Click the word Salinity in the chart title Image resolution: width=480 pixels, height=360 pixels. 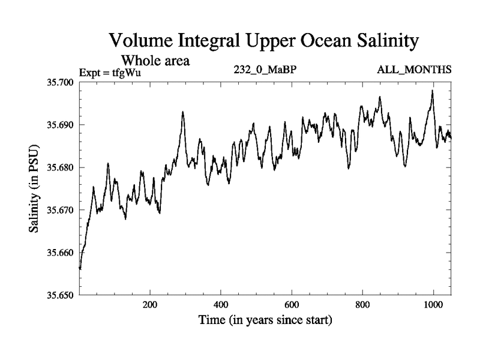coord(380,41)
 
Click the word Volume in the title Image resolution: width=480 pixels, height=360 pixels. coord(142,41)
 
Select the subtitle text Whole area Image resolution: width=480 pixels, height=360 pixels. coord(156,60)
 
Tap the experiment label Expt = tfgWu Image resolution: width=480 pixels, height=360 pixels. coord(110,73)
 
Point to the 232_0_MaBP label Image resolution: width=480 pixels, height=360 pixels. coord(265,70)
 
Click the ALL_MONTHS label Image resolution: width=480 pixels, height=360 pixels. coord(414,70)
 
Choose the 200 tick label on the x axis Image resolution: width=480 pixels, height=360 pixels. coord(150,305)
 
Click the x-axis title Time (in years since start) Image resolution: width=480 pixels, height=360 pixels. coord(265,320)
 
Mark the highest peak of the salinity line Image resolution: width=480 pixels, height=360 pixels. coord(432,91)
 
